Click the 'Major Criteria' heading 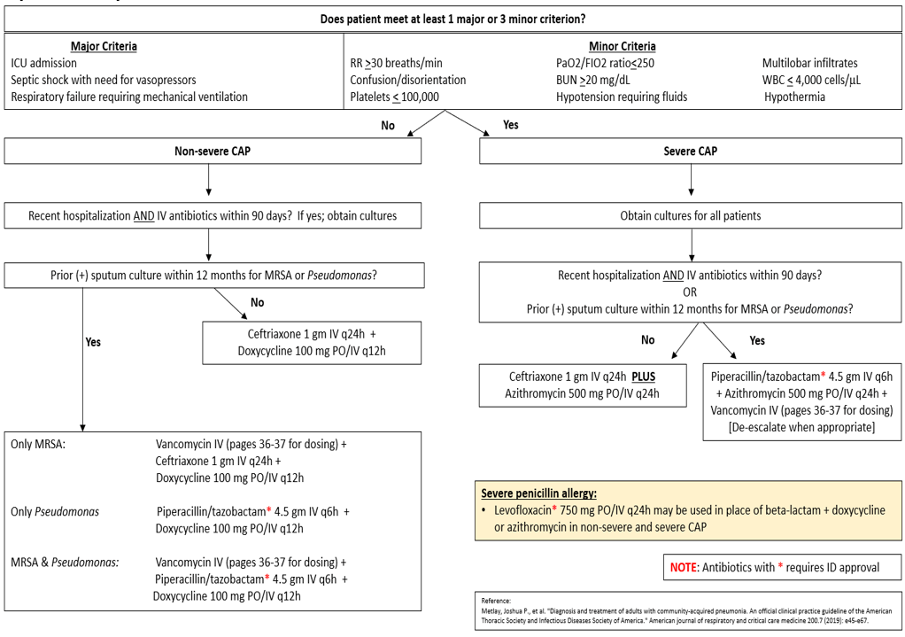(x=104, y=46)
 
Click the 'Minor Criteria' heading (x=622, y=46)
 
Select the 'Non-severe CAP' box (x=212, y=151)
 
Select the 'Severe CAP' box (x=690, y=151)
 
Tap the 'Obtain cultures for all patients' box (x=690, y=215)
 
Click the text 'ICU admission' (x=44, y=63)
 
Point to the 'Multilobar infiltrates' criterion (x=809, y=63)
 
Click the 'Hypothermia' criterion (x=794, y=97)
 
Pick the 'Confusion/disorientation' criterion (x=408, y=80)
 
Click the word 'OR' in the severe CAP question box (x=690, y=291)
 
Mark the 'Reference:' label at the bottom (x=496, y=601)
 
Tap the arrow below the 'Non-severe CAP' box (x=207, y=181)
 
